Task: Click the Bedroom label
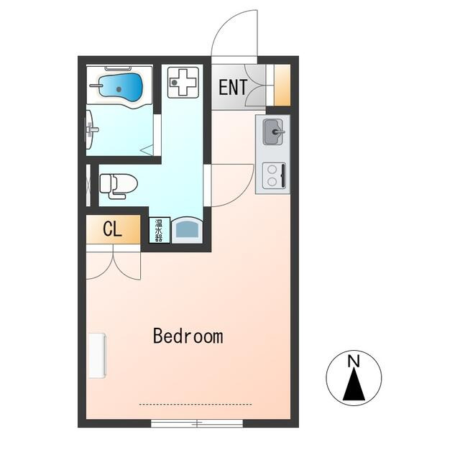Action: coord(188,336)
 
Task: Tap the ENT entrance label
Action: coord(233,87)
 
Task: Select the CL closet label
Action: coord(112,229)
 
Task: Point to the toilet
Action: coord(119,186)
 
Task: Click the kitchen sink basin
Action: coord(273,132)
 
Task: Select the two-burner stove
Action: coord(274,175)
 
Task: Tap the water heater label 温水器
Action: coord(160,230)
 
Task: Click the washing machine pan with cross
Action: coord(183,83)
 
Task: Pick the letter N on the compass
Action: coord(354,361)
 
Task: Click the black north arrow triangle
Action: coord(354,385)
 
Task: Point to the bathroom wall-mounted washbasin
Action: coord(89,129)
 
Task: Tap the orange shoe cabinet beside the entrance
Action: coord(282,85)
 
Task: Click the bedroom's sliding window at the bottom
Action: coord(197,423)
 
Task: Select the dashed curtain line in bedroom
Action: coord(195,405)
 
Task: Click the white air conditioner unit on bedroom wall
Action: coord(97,355)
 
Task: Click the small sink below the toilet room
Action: coord(187,231)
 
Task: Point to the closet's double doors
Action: coord(114,262)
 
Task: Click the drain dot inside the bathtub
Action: coord(119,89)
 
